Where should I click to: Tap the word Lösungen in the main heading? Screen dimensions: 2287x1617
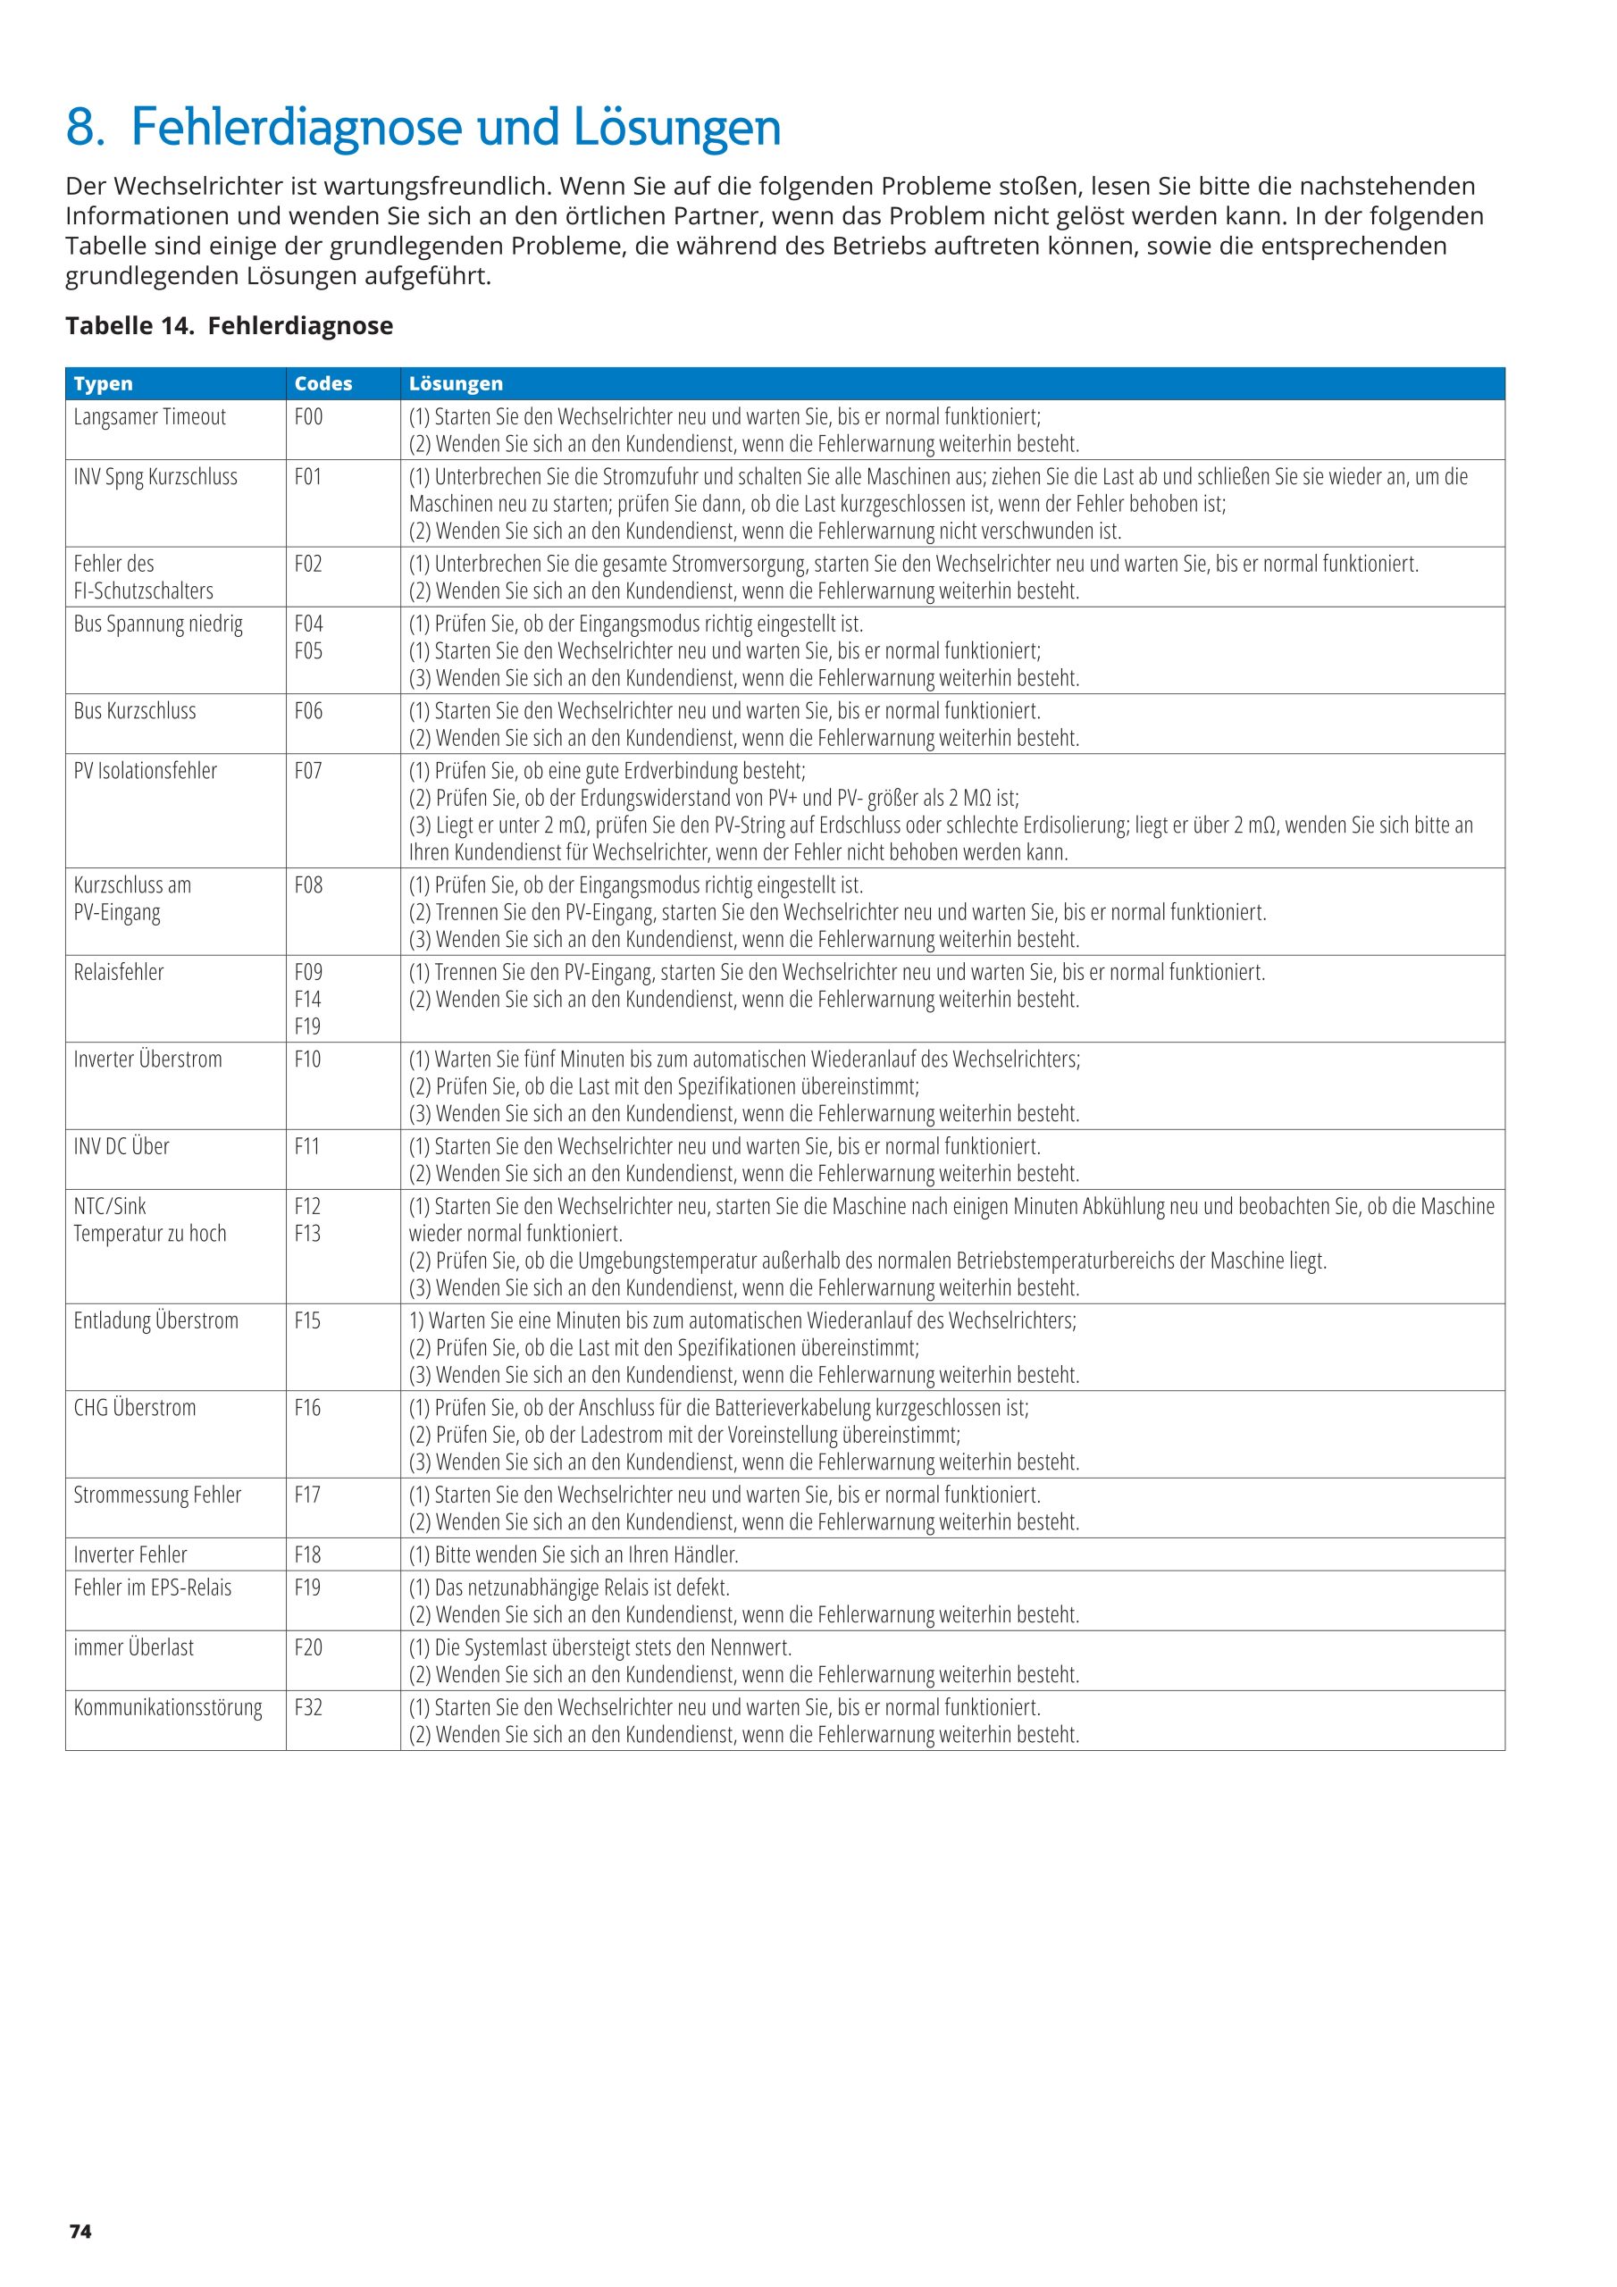point(676,128)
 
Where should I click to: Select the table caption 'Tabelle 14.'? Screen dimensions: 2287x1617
point(130,326)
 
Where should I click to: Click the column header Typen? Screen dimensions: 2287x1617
point(103,383)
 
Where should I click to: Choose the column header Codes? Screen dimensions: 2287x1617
point(323,383)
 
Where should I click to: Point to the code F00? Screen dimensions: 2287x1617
point(309,417)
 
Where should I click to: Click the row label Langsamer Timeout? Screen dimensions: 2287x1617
point(149,417)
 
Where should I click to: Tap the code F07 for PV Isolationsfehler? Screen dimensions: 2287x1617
point(309,771)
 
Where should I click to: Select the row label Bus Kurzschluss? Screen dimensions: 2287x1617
point(135,711)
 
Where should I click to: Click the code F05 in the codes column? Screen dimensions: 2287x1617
point(309,651)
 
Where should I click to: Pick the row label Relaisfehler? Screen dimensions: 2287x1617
point(119,972)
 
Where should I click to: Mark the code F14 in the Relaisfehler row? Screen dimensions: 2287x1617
point(308,999)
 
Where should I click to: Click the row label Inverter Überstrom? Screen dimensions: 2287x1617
point(147,1060)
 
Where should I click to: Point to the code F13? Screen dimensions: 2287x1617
point(308,1233)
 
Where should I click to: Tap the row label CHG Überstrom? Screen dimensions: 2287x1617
point(135,1409)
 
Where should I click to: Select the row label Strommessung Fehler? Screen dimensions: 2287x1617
point(157,1495)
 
